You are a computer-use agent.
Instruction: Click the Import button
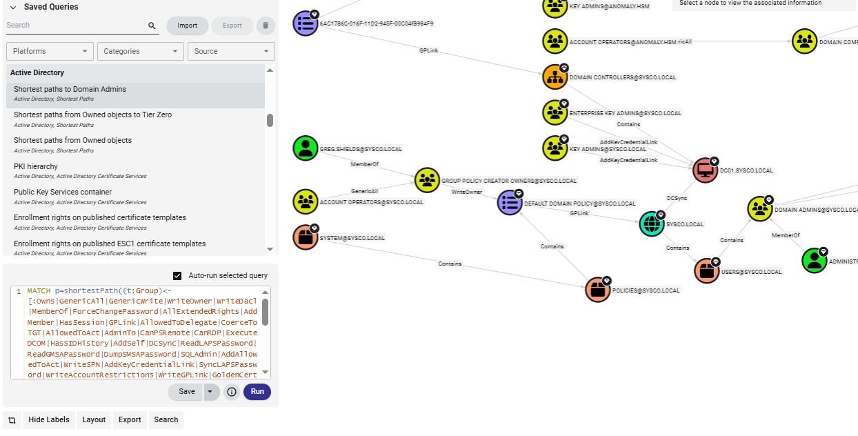pos(187,26)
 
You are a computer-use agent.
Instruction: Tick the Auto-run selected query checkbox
pos(177,276)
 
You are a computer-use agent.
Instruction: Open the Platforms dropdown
pos(50,51)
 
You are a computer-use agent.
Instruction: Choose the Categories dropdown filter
pos(140,51)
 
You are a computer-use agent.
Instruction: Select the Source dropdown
pos(230,51)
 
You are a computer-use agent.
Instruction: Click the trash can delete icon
pos(265,26)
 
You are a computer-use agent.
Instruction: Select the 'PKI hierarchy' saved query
pos(36,166)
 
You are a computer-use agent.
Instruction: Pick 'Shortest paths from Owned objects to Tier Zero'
pos(92,115)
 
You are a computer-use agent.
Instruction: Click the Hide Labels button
pos(48,419)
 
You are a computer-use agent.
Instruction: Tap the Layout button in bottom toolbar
pos(94,419)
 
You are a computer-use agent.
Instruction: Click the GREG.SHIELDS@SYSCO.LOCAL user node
pos(306,148)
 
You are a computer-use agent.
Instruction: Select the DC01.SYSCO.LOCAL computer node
pos(706,170)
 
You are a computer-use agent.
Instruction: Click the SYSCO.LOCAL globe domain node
pos(652,224)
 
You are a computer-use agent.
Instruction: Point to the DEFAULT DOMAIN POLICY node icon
pos(510,203)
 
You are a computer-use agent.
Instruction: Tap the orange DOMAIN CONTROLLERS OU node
pos(555,77)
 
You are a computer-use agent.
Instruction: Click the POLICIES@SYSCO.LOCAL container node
pos(598,290)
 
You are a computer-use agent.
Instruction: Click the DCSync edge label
pos(677,198)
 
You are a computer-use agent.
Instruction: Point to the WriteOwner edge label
pos(467,192)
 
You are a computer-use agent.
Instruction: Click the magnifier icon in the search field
pos(152,26)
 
